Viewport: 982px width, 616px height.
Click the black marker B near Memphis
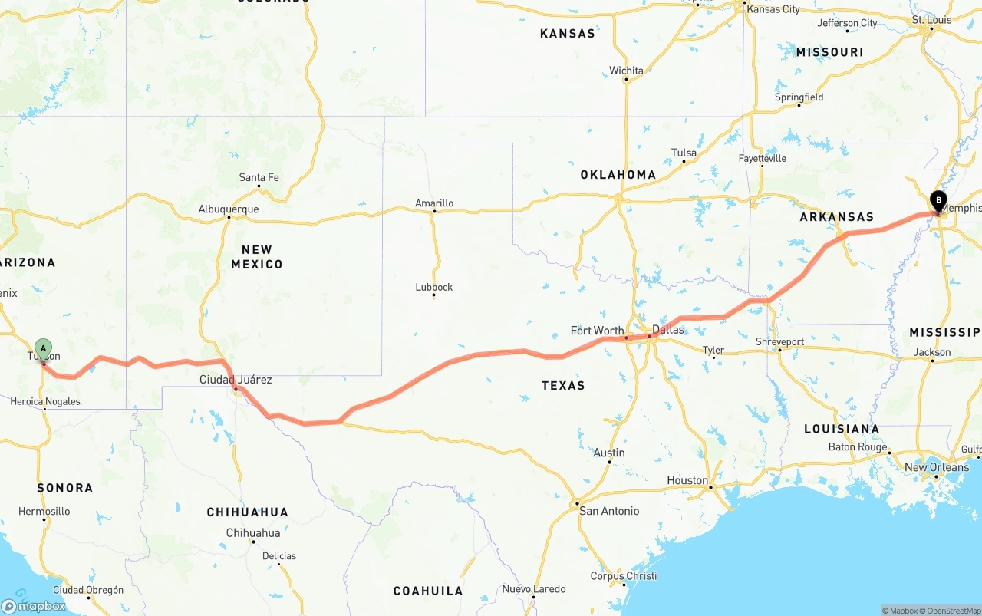pos(938,200)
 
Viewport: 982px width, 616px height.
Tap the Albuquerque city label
pos(229,209)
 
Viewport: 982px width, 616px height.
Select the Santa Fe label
pos(259,177)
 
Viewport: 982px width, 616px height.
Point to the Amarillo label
pos(434,203)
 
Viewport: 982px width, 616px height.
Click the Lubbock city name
pos(434,287)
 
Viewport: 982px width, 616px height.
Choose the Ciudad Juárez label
pos(236,380)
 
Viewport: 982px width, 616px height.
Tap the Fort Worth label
pos(597,331)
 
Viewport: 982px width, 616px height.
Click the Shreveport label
pos(779,341)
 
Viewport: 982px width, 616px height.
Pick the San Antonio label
pos(609,511)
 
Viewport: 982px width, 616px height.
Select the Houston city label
pos(687,480)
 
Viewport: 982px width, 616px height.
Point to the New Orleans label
pos(937,467)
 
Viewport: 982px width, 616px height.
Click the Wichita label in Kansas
pos(627,71)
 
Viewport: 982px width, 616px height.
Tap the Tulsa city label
pos(684,153)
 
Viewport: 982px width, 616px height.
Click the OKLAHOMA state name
pos(618,174)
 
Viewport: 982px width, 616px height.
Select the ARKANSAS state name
pos(837,216)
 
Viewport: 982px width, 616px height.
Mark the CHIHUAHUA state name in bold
pos(247,512)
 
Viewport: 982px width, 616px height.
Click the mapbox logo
pos(34,606)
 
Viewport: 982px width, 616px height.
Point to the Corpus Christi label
pos(624,576)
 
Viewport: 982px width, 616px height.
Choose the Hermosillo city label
pos(44,511)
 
